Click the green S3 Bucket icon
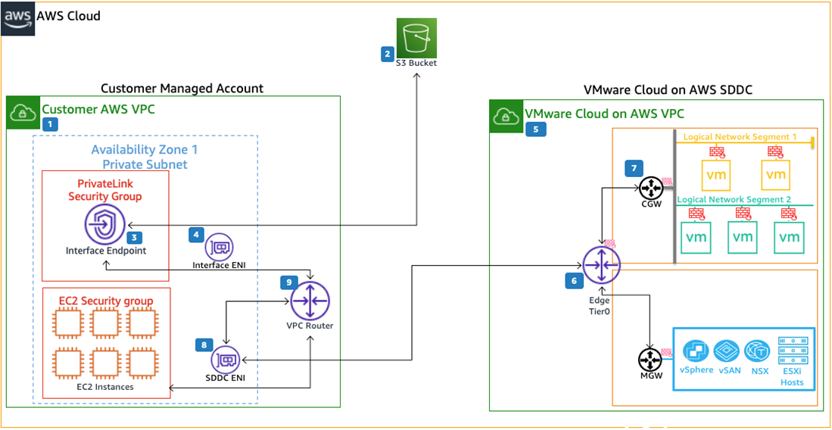416,38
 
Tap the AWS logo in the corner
17,17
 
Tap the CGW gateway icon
650,188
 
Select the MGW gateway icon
650,360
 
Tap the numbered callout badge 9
289,282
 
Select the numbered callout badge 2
388,54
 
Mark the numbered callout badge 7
633,168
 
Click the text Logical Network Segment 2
735,199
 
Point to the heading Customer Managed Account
182,88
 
